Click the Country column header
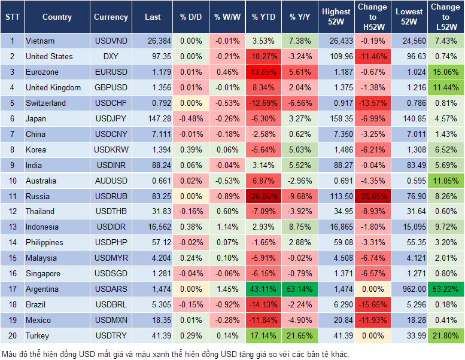57,17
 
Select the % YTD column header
263,17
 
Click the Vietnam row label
40,41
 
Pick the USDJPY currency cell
111,119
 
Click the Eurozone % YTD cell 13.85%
263,72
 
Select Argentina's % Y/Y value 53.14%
301,289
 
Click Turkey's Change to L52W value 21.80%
446,335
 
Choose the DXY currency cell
111,57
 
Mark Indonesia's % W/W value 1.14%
226,227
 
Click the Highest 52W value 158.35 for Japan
336,119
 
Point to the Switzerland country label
45,103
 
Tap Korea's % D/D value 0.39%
191,150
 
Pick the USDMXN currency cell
111,320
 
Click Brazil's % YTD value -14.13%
263,304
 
